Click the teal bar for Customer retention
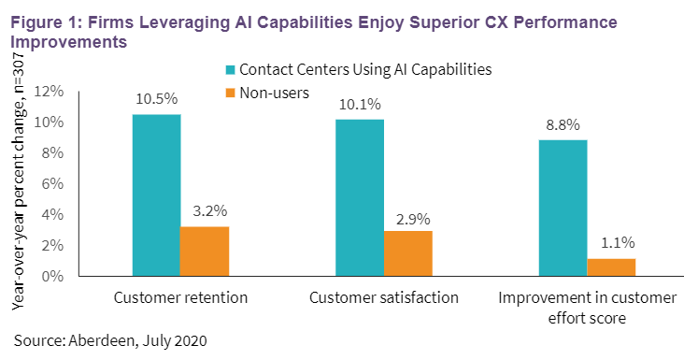(x=156, y=194)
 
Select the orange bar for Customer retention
(x=205, y=251)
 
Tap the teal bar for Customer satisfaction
(x=360, y=197)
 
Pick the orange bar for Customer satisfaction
(x=408, y=253)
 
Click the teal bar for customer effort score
(x=563, y=208)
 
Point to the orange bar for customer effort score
(x=611, y=266)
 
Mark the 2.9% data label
(x=408, y=220)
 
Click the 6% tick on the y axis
(x=52, y=183)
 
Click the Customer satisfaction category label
(x=384, y=298)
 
